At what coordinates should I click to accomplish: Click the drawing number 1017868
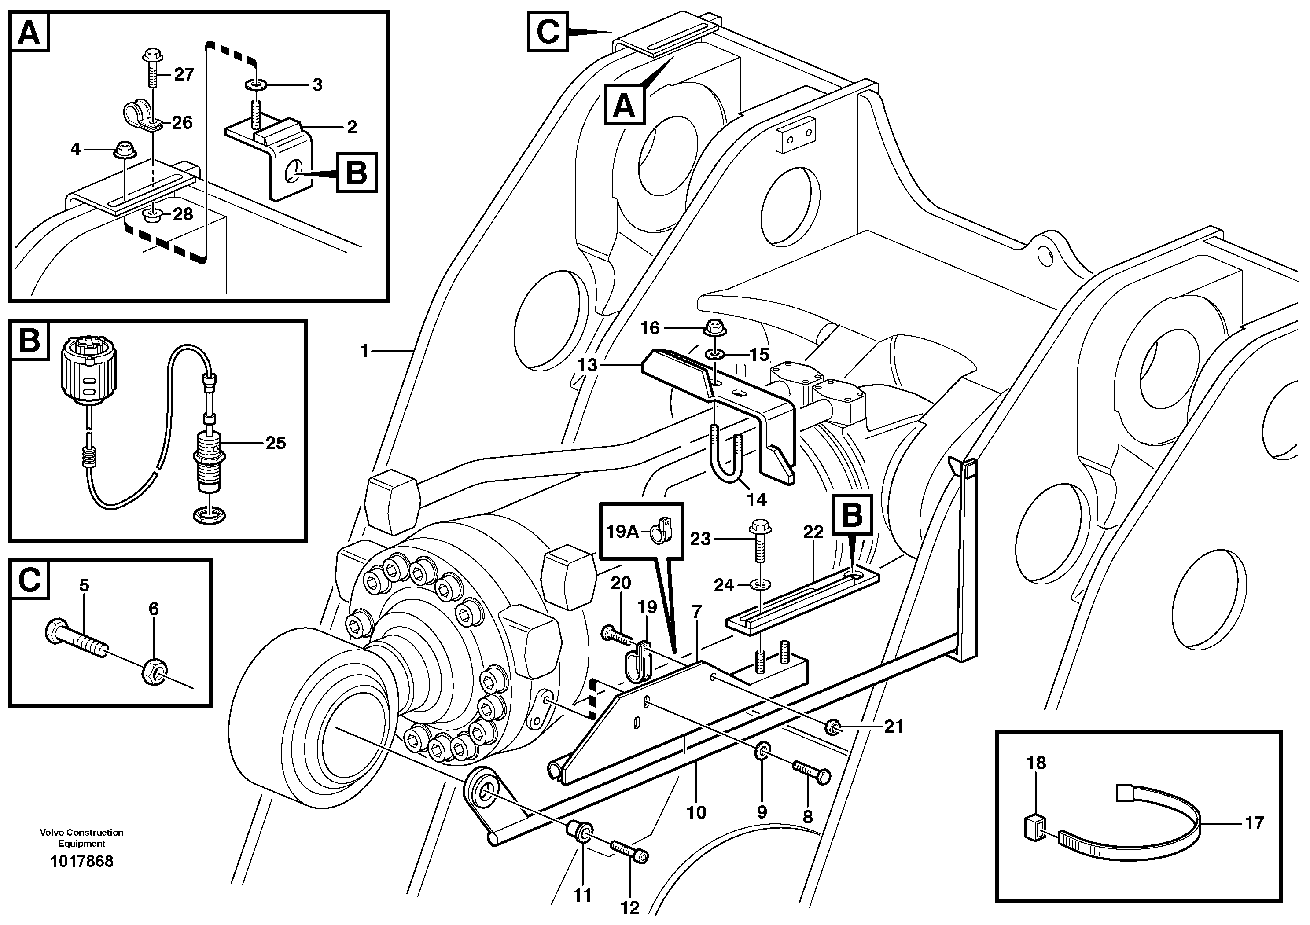point(81,861)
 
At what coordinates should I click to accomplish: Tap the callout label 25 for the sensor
point(276,443)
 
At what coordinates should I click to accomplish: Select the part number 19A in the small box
point(622,532)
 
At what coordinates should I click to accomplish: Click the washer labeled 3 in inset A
point(254,85)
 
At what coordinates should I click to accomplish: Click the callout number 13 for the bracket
point(587,365)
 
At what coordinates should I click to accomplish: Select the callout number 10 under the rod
point(696,812)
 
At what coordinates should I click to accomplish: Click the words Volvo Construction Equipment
point(81,838)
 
